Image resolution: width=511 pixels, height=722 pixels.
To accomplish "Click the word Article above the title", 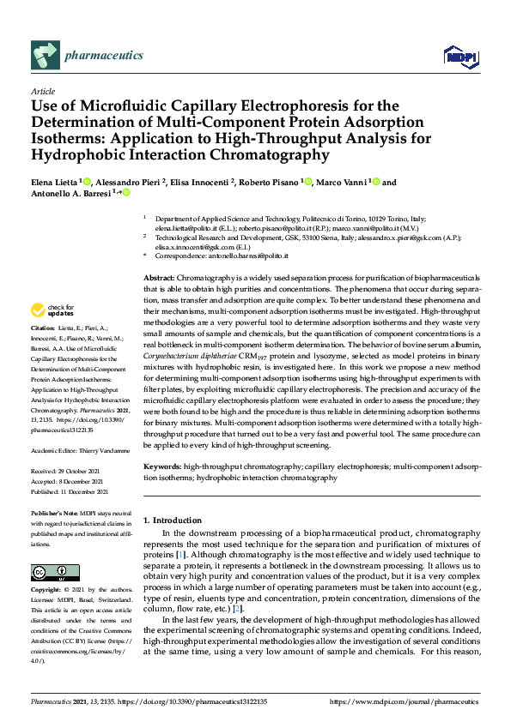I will click(42, 92).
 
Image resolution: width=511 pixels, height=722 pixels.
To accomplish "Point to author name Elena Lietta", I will click(54, 183).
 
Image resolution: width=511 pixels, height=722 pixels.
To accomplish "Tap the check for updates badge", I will click(54, 310).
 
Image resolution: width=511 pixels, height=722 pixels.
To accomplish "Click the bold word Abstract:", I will click(158, 280).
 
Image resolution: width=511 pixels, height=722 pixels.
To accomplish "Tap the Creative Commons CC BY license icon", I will click(55, 572).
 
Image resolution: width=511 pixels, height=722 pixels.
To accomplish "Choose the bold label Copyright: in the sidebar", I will click(46, 590).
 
